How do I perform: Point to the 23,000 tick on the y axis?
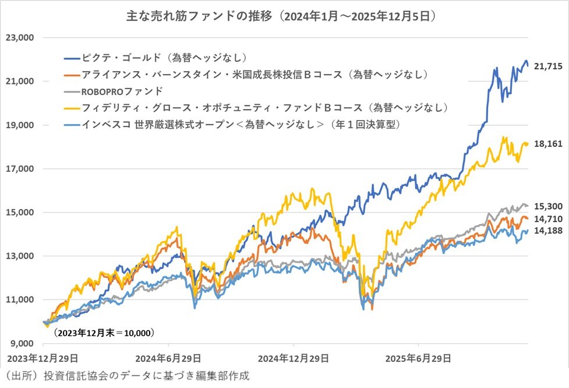[20, 38]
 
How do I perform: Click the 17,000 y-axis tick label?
[20, 169]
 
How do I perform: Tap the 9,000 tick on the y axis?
[22, 343]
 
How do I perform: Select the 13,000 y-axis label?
[20, 256]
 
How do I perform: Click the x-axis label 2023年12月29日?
[44, 357]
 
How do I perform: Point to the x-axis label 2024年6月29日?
[169, 357]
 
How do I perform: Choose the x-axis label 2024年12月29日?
[294, 357]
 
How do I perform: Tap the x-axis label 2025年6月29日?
[419, 357]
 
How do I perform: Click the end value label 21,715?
[548, 67]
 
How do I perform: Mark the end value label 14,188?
[548, 231]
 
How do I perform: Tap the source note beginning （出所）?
[126, 375]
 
